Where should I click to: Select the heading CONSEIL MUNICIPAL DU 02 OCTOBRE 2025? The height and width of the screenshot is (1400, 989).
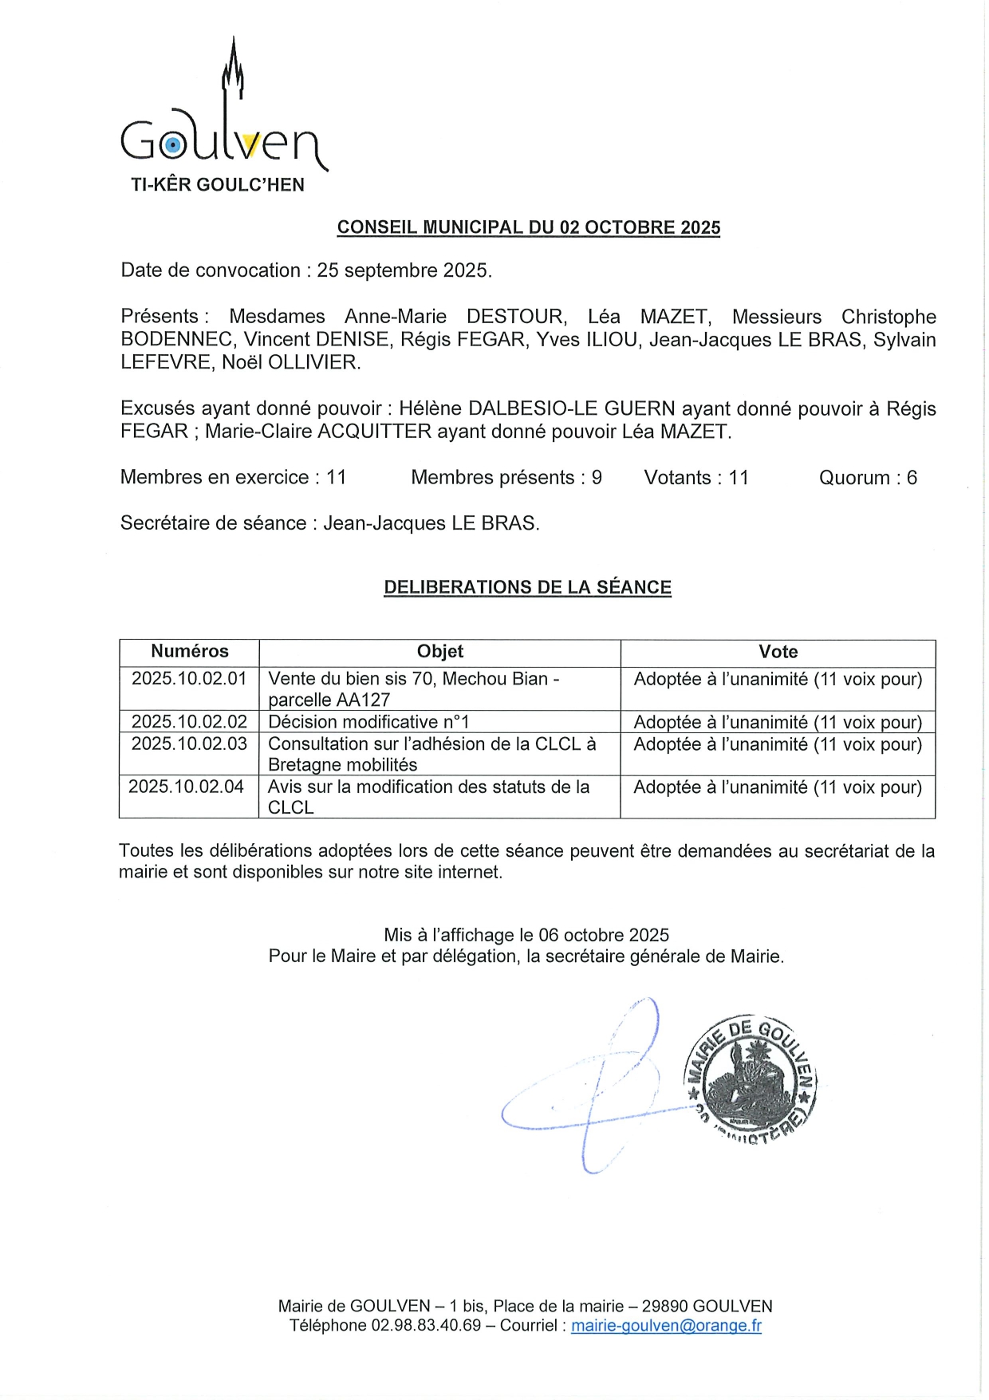[528, 227]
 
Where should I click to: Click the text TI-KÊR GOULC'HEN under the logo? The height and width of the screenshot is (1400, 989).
[218, 185]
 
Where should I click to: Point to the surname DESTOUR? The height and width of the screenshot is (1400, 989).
[516, 317]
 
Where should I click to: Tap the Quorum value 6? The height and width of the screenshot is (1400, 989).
[912, 478]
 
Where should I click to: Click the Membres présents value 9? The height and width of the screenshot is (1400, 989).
[597, 478]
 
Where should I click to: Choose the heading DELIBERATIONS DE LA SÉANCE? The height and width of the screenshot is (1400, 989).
[527, 587]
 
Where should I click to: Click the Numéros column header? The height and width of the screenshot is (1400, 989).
[190, 652]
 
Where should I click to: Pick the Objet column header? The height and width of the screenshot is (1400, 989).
[439, 652]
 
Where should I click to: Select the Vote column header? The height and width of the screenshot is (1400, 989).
[778, 652]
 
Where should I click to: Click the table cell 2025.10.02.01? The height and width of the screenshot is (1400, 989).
[189, 679]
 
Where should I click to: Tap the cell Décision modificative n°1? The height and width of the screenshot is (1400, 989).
[368, 722]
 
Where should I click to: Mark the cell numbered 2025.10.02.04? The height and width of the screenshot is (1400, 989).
[186, 787]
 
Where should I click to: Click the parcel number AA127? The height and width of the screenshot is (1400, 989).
[364, 700]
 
